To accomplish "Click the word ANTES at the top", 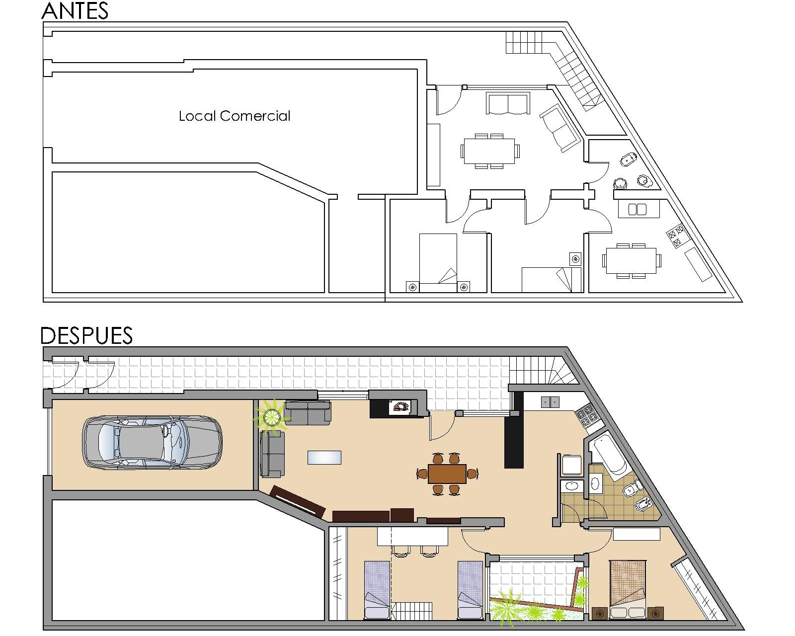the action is pos(75,11).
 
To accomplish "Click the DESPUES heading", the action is pos(86,335).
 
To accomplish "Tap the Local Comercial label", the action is pos(235,116).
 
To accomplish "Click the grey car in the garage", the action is pos(152,442).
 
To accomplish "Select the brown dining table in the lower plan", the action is pos(447,474).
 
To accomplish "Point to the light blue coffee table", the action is pos(324,457).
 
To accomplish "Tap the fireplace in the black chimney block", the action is pos(401,407).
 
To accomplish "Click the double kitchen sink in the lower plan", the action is pos(550,402).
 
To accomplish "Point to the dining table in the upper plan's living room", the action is pos(489,151).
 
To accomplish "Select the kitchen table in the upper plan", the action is pos(631,260).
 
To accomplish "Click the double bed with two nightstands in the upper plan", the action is pos(438,263).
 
